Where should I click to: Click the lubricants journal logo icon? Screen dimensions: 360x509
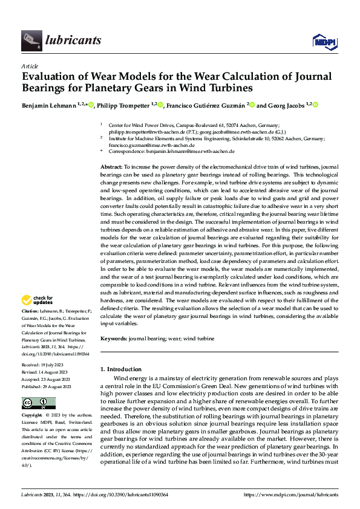(30, 41)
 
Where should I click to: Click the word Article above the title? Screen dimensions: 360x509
(30, 66)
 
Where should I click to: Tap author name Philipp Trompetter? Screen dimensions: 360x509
(123, 105)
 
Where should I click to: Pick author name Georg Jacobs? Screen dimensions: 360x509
(285, 105)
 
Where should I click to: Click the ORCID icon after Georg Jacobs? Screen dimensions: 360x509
(315, 105)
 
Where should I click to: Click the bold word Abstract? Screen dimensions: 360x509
(111, 166)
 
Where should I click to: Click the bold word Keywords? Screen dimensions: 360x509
(114, 339)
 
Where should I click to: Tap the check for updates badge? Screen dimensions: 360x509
(38, 300)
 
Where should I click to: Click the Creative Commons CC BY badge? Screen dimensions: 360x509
(38, 403)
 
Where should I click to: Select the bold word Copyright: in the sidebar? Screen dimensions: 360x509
(33, 416)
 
